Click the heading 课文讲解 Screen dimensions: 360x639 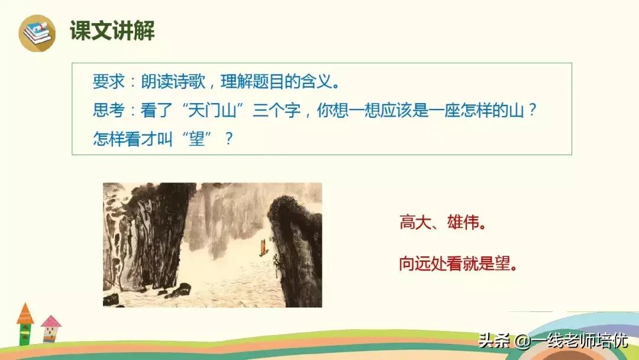112,31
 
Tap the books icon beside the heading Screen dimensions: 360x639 37,32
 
